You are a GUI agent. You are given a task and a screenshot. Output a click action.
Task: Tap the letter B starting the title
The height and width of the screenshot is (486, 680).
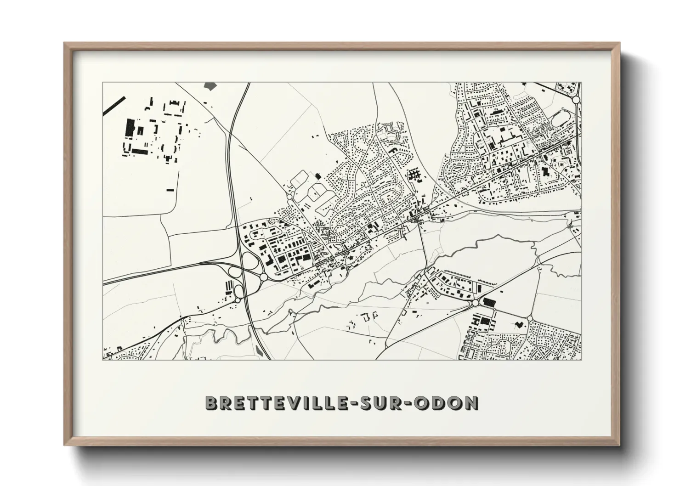[x=211, y=403]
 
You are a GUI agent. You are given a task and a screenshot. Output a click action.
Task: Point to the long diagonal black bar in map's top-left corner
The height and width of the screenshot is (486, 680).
[x=113, y=105]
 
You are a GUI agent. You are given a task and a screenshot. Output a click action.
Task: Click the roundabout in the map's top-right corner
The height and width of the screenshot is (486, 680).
[x=576, y=99]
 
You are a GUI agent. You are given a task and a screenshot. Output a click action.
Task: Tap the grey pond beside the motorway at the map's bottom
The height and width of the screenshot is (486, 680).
[x=259, y=351]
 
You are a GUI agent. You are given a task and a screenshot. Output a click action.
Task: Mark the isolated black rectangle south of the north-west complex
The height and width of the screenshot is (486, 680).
[x=170, y=189]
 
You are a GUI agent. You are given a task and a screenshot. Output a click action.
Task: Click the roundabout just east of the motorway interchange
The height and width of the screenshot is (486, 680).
[x=264, y=277]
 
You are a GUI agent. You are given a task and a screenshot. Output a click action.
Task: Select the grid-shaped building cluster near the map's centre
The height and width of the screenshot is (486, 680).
[x=415, y=174]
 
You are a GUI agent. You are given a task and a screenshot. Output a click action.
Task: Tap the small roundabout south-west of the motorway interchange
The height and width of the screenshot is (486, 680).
[x=238, y=300]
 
